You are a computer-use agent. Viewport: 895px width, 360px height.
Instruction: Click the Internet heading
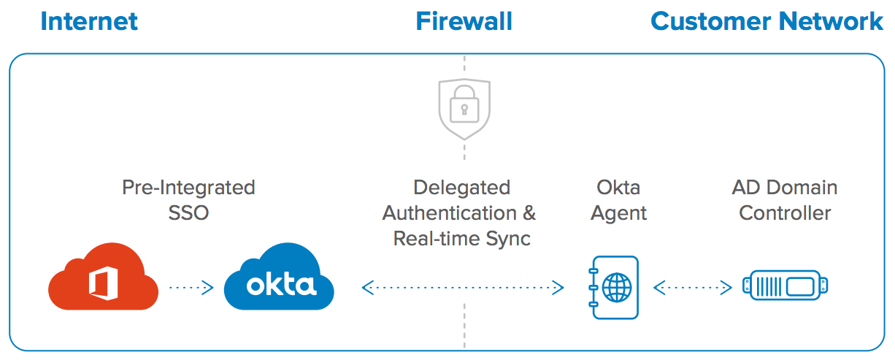point(89,21)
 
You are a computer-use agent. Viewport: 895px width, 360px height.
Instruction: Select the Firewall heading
point(464,21)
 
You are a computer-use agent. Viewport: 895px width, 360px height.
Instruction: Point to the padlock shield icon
point(464,110)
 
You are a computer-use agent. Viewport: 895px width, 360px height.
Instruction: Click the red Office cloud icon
point(103,281)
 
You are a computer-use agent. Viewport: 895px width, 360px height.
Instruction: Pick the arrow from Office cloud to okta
point(191,288)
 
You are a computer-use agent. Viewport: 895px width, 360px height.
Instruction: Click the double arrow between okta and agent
point(463,288)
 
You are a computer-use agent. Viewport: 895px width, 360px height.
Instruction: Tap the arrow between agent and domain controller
point(692,288)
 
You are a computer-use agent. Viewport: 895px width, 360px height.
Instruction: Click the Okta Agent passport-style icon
point(614,288)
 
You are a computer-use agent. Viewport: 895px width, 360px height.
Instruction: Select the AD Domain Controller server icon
point(785,286)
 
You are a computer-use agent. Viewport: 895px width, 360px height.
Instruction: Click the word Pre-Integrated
point(188,188)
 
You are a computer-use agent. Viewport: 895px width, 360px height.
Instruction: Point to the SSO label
point(188,213)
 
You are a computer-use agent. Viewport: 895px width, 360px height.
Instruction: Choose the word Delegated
point(461,188)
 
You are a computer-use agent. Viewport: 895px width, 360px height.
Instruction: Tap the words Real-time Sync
point(462,239)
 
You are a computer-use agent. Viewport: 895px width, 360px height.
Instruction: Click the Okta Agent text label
point(618,200)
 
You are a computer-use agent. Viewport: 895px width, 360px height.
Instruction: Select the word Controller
point(785,213)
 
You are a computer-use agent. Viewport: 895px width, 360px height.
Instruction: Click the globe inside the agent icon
point(618,288)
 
